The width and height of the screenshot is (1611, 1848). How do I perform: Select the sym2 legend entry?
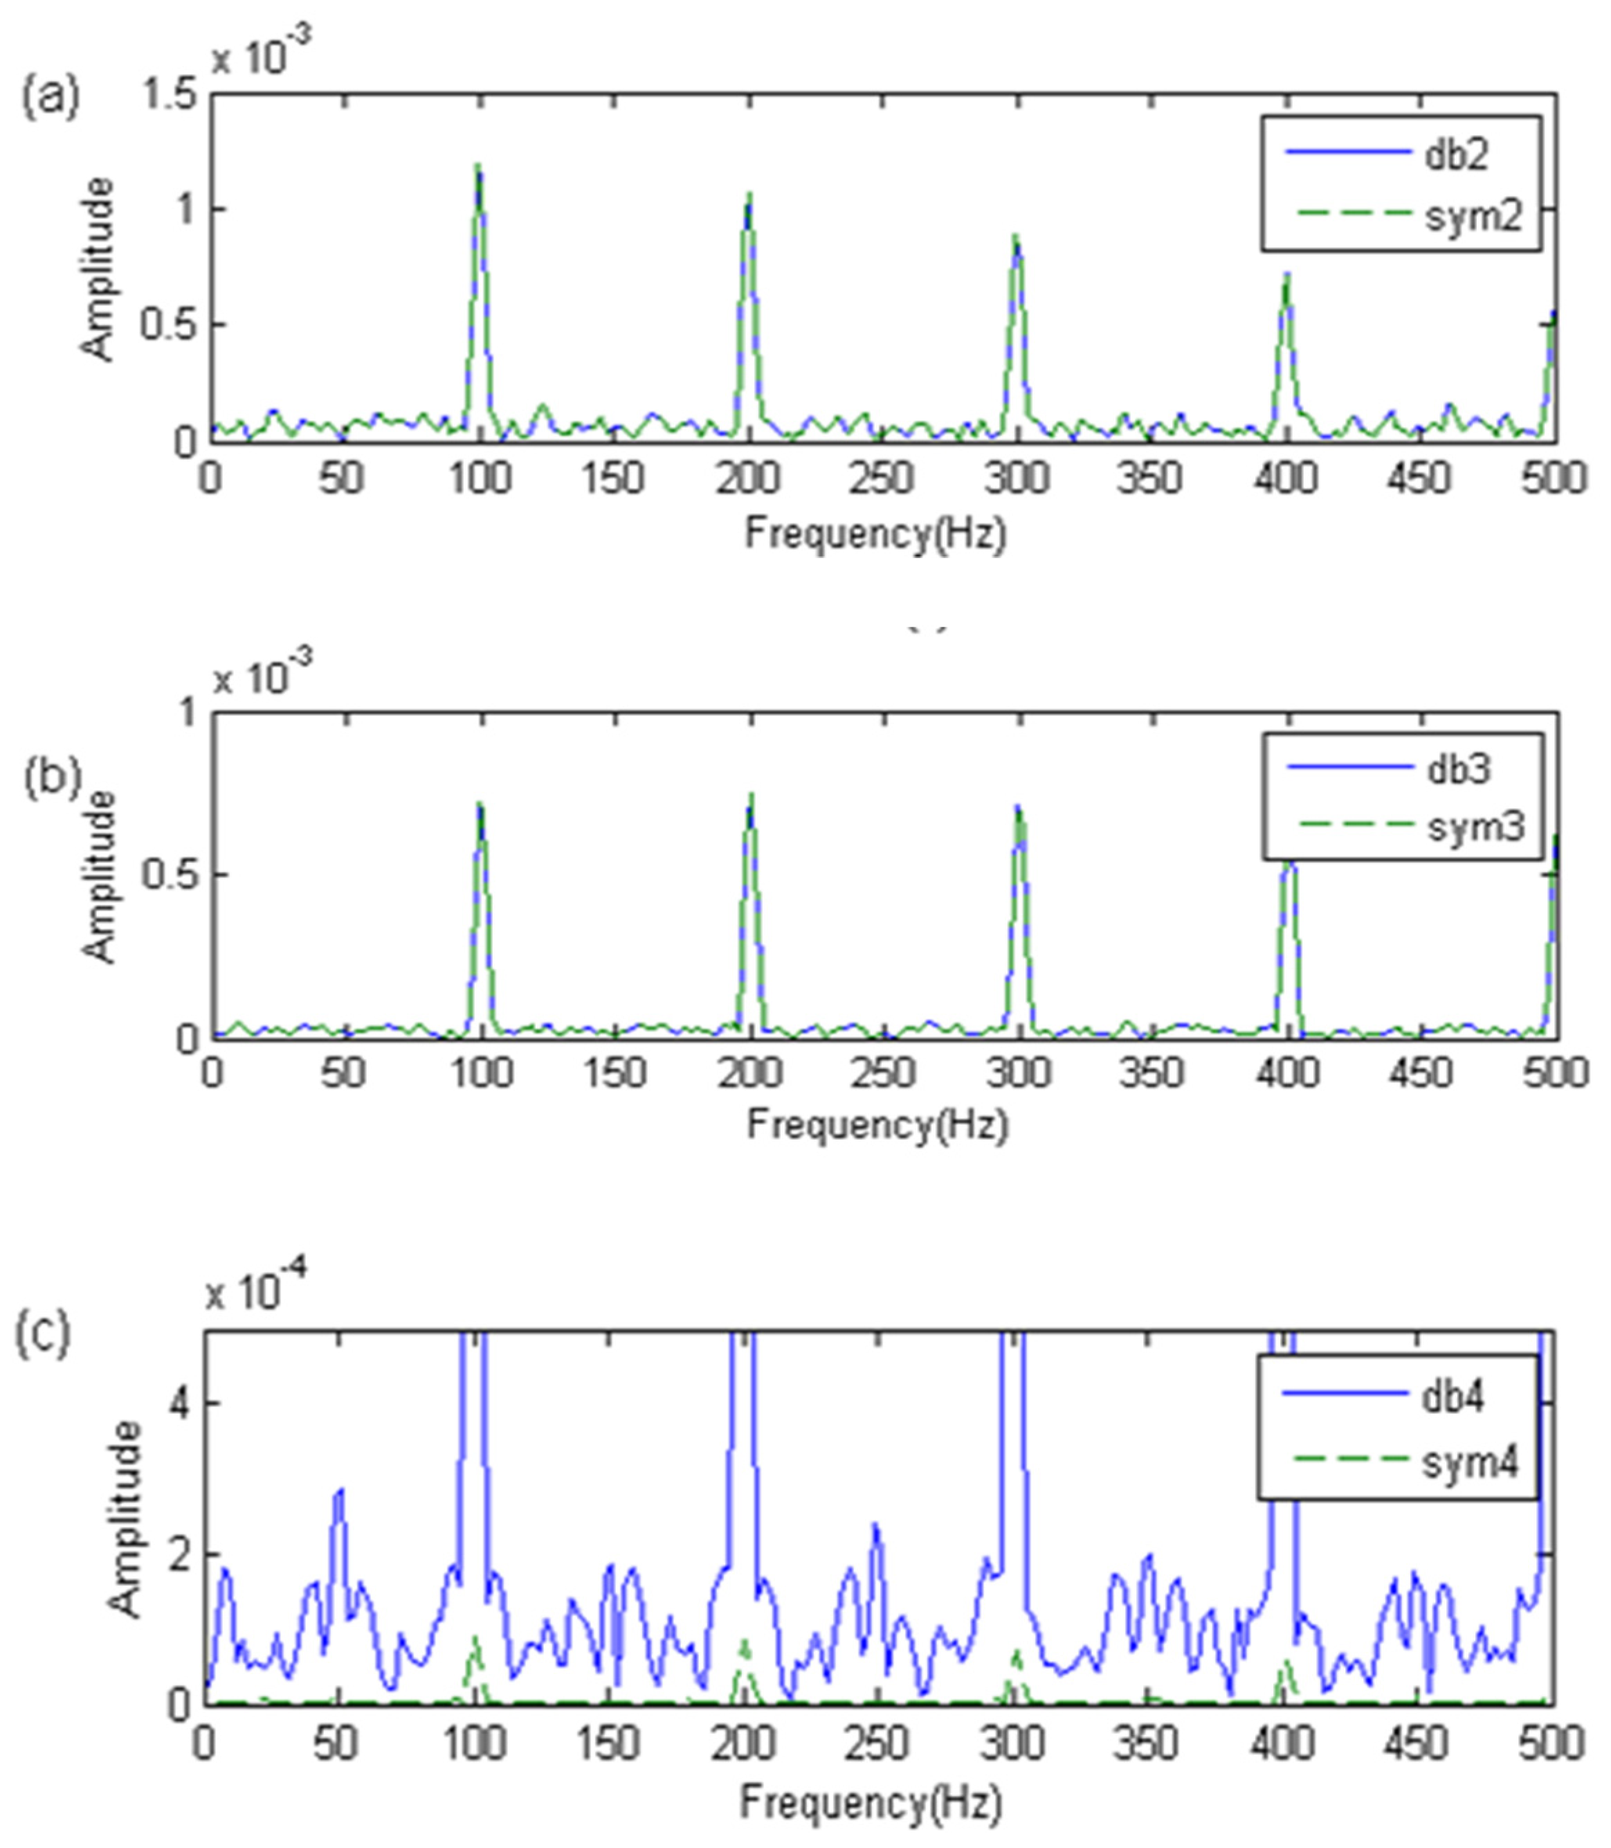1473,217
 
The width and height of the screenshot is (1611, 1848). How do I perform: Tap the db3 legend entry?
1458,768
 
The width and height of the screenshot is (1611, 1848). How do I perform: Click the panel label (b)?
52,776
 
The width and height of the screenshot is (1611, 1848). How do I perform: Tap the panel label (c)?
42,1334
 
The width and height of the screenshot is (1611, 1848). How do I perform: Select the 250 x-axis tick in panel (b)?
884,1073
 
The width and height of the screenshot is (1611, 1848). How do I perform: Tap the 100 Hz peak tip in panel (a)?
478,165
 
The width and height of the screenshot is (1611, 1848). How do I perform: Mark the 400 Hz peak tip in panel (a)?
1286,274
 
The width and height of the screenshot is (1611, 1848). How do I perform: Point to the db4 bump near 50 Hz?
339,1493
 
